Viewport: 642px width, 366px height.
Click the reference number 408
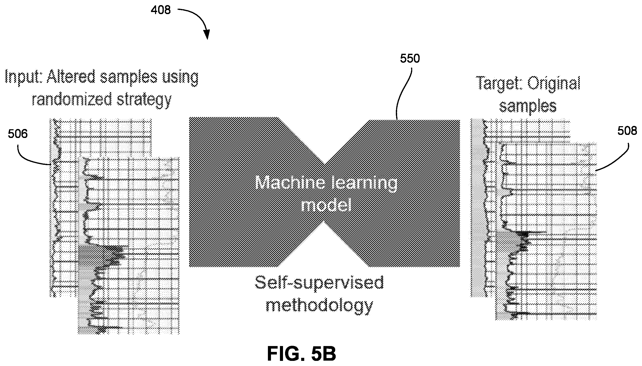(x=160, y=10)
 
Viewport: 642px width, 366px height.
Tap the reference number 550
(x=410, y=59)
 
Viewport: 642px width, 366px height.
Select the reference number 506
(x=18, y=134)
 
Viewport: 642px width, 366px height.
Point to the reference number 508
(x=627, y=131)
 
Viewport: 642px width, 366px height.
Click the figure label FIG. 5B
(x=301, y=354)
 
